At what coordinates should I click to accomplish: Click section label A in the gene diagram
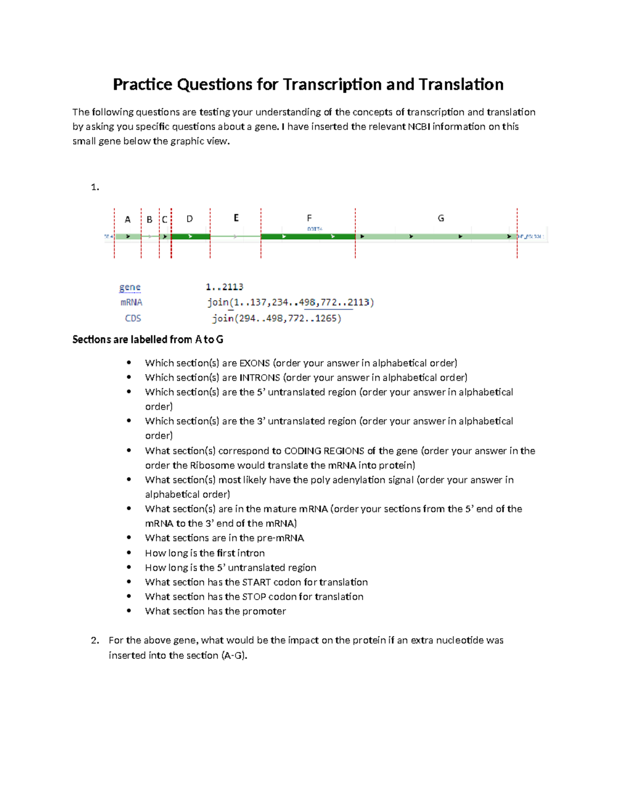128,219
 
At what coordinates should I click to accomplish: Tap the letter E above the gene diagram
236,218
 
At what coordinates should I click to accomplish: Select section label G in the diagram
441,218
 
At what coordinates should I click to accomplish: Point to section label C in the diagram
165,219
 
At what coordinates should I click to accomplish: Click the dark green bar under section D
190,236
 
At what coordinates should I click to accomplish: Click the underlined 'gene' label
130,287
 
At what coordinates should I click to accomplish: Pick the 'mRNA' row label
131,303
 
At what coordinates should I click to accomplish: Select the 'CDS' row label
133,319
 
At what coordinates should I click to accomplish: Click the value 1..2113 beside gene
224,287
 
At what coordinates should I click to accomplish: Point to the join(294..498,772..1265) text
277,319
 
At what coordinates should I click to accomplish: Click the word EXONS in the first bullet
255,363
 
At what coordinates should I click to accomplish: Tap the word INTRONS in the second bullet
260,378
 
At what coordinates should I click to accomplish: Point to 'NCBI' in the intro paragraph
419,127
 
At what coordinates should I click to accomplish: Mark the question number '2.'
95,641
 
